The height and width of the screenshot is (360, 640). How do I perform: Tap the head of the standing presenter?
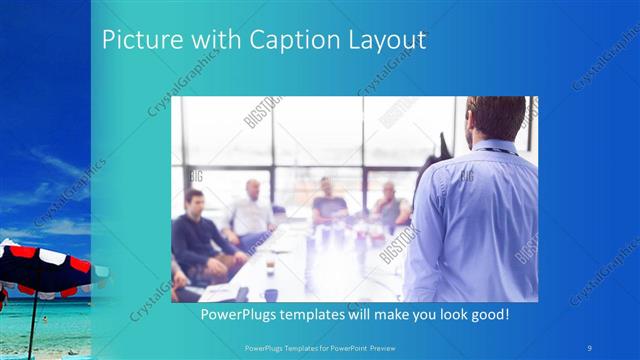click(496, 118)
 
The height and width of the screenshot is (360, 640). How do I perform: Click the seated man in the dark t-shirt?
click(329, 200)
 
